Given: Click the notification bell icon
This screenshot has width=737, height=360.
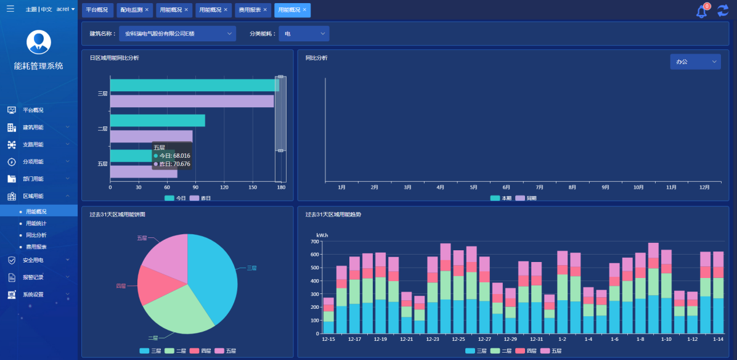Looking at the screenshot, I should tap(701, 12).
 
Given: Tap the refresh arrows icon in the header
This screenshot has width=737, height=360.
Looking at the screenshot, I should tap(723, 10).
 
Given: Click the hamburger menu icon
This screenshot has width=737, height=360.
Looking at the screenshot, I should tap(10, 9).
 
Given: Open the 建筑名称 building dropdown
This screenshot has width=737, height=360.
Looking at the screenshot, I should tap(177, 33).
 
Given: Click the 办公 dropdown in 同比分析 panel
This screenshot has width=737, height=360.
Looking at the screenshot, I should tap(695, 62).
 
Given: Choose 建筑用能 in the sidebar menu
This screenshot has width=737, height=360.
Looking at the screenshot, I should tap(33, 127).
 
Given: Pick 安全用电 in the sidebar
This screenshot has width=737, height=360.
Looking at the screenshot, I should tap(33, 260).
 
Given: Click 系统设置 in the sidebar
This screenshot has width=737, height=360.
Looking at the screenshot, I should tap(33, 295).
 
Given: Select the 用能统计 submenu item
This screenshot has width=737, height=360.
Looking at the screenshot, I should tap(36, 223).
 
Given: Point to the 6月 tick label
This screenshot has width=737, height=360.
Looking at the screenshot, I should tap(506, 187).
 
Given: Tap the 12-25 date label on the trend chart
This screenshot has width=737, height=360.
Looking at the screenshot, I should tap(458, 340).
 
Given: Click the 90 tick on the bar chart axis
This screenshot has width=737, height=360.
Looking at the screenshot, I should tap(196, 187).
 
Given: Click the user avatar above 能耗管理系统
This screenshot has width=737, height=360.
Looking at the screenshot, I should tap(39, 42).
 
